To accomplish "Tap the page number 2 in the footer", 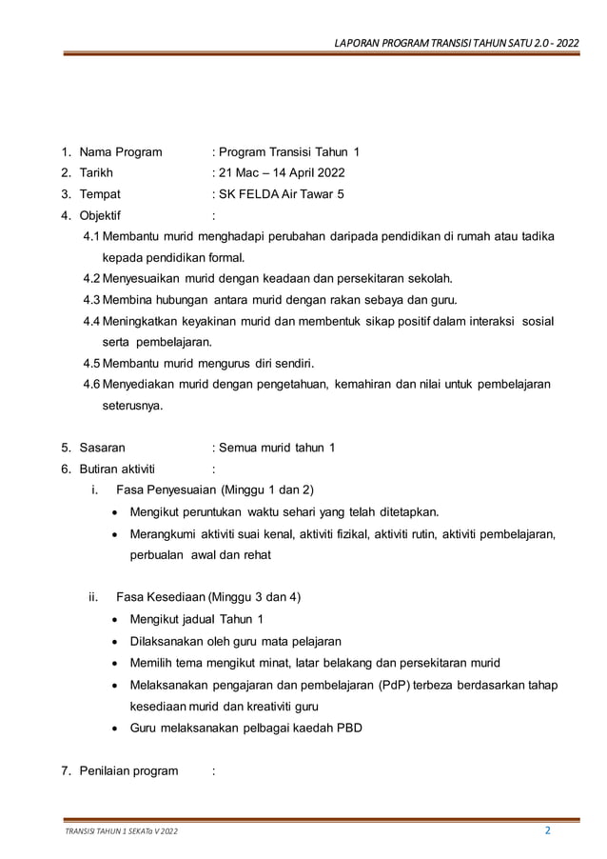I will pyautogui.click(x=547, y=829).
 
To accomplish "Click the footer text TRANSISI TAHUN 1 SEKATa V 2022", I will pyautogui.click(x=120, y=832).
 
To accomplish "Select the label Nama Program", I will pyautogui.click(x=120, y=151).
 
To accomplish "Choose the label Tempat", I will pyautogui.click(x=100, y=193).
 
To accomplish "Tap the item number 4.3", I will pyautogui.click(x=92, y=299).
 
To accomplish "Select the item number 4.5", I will pyautogui.click(x=92, y=363).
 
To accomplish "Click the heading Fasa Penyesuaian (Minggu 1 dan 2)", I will pyautogui.click(x=214, y=489).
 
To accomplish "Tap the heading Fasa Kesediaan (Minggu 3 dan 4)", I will pyautogui.click(x=208, y=597).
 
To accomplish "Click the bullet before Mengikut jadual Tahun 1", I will pyautogui.click(x=116, y=620).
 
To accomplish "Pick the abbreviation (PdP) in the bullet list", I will pyautogui.click(x=394, y=685).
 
